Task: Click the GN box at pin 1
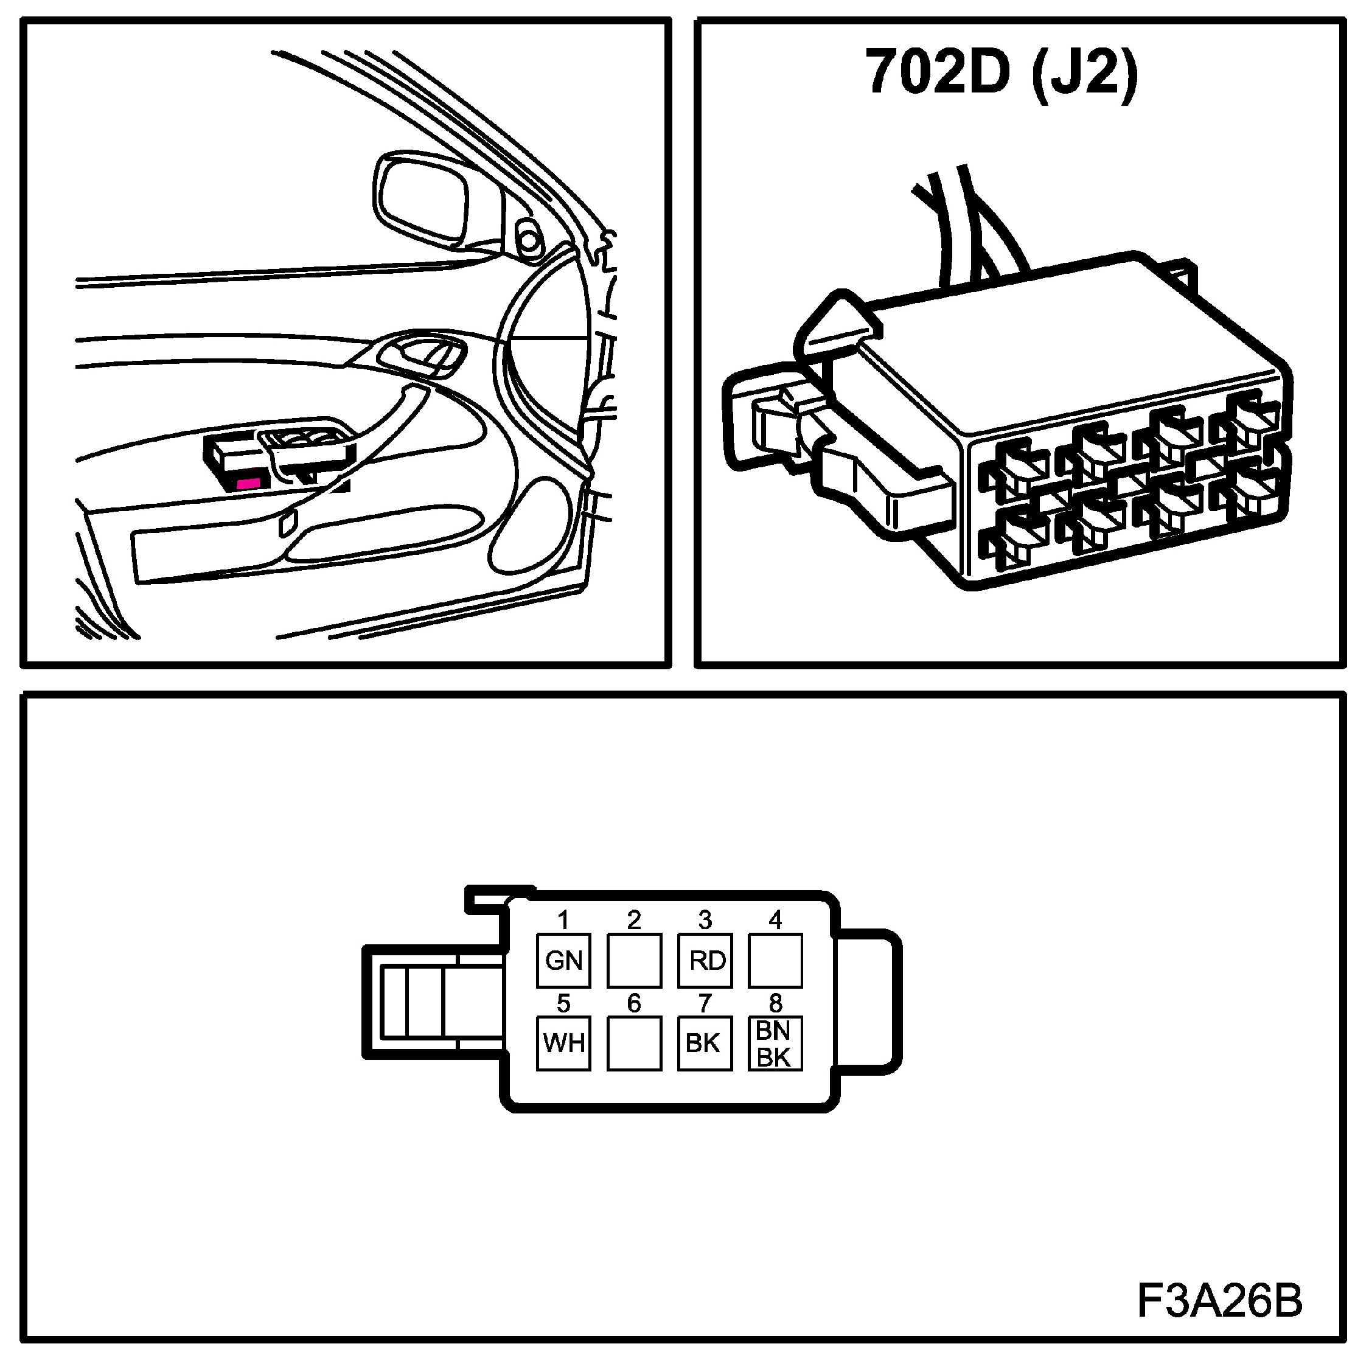coord(563,960)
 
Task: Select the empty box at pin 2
coord(634,960)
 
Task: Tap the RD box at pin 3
coord(705,960)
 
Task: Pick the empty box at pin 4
coord(775,960)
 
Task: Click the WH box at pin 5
coord(563,1043)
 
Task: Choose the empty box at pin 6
coord(634,1043)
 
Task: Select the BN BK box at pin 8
coord(775,1043)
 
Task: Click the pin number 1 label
coord(563,921)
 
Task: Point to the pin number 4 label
coord(775,921)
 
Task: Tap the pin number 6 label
coord(634,1003)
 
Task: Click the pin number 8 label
coord(775,1003)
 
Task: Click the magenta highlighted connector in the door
coord(248,483)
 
